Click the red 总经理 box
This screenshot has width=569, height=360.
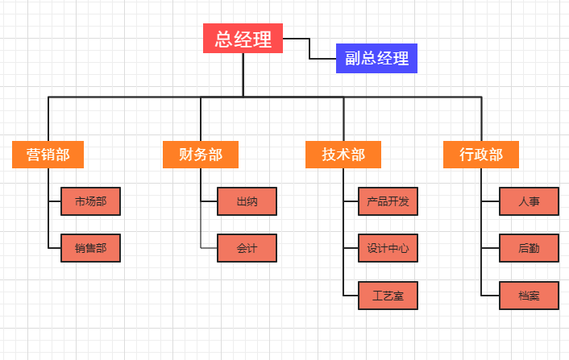point(243,39)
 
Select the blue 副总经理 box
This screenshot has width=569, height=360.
point(376,58)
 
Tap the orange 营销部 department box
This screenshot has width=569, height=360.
point(48,155)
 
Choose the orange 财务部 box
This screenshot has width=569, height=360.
point(201,155)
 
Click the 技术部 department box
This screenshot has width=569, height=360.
point(343,155)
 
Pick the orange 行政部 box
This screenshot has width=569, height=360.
point(481,155)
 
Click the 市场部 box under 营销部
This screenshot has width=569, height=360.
point(90,201)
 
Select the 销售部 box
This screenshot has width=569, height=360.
point(90,248)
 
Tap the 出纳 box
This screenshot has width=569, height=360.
point(247,201)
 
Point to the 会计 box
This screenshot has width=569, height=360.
point(247,248)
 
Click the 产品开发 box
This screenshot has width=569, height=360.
point(388,201)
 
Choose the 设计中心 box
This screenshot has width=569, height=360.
point(388,248)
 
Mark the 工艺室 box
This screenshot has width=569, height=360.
point(388,296)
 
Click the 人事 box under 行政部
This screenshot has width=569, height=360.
point(530,201)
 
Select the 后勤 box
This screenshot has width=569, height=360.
point(530,248)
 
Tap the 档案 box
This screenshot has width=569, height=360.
point(530,296)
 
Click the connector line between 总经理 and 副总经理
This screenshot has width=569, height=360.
point(309,48)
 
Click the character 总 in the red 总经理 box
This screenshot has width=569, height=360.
point(223,39)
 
